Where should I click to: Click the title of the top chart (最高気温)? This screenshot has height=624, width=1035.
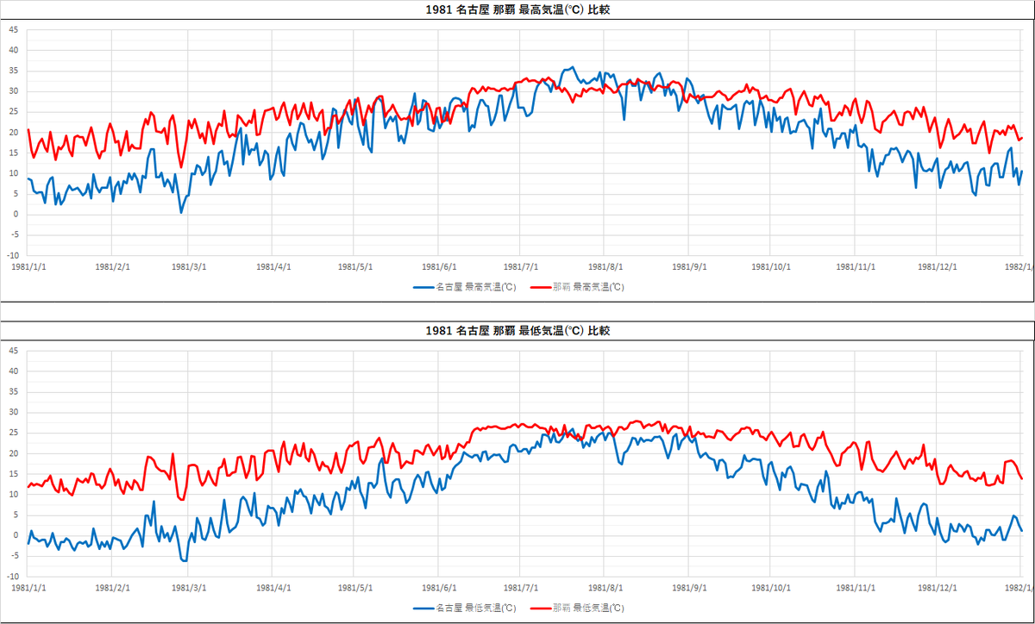[x=517, y=10]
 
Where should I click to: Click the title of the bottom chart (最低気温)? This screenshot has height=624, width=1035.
[x=517, y=331]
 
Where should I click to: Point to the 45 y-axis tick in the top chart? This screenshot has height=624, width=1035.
[x=13, y=29]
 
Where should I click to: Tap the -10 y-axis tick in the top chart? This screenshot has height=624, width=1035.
[x=13, y=256]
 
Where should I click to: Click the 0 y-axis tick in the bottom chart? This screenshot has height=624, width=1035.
[x=15, y=535]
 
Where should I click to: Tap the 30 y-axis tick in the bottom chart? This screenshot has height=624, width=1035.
[x=13, y=412]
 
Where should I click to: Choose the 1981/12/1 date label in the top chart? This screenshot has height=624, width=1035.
[x=937, y=267]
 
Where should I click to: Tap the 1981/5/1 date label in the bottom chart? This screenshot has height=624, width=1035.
[x=355, y=588]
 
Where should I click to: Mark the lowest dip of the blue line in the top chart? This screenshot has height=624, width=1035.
[x=181, y=212]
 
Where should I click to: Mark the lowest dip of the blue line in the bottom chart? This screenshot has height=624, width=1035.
[x=185, y=560]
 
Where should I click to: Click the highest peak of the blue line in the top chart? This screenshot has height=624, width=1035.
[x=571, y=67]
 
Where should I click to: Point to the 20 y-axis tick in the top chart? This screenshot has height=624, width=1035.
[x=13, y=132]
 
